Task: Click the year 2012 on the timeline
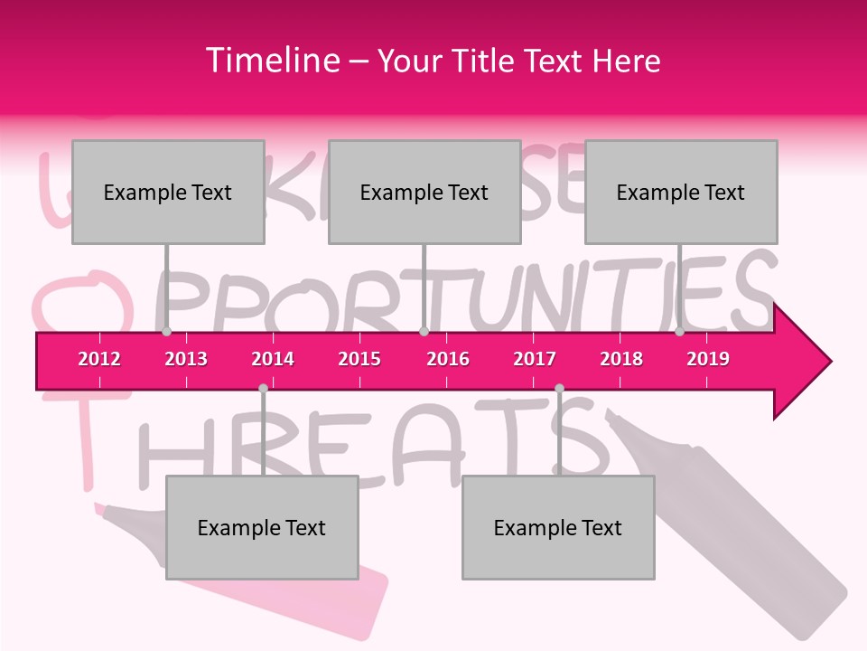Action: coord(99,359)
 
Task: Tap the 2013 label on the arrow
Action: coord(186,359)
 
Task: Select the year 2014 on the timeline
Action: coord(273,359)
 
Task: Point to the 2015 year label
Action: coord(359,359)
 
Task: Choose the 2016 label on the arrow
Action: coord(448,359)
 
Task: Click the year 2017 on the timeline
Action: coord(535,359)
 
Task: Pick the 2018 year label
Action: coord(621,359)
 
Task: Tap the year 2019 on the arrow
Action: coord(708,359)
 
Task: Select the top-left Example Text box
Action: coord(168,192)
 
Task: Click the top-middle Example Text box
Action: coord(424,192)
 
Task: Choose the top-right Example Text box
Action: coord(681,192)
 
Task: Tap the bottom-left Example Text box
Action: coord(262,527)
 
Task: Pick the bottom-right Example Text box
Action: coord(558,527)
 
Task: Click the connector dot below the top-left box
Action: coord(166,332)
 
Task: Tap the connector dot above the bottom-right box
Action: coord(559,388)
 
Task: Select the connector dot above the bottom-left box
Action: coord(263,388)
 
